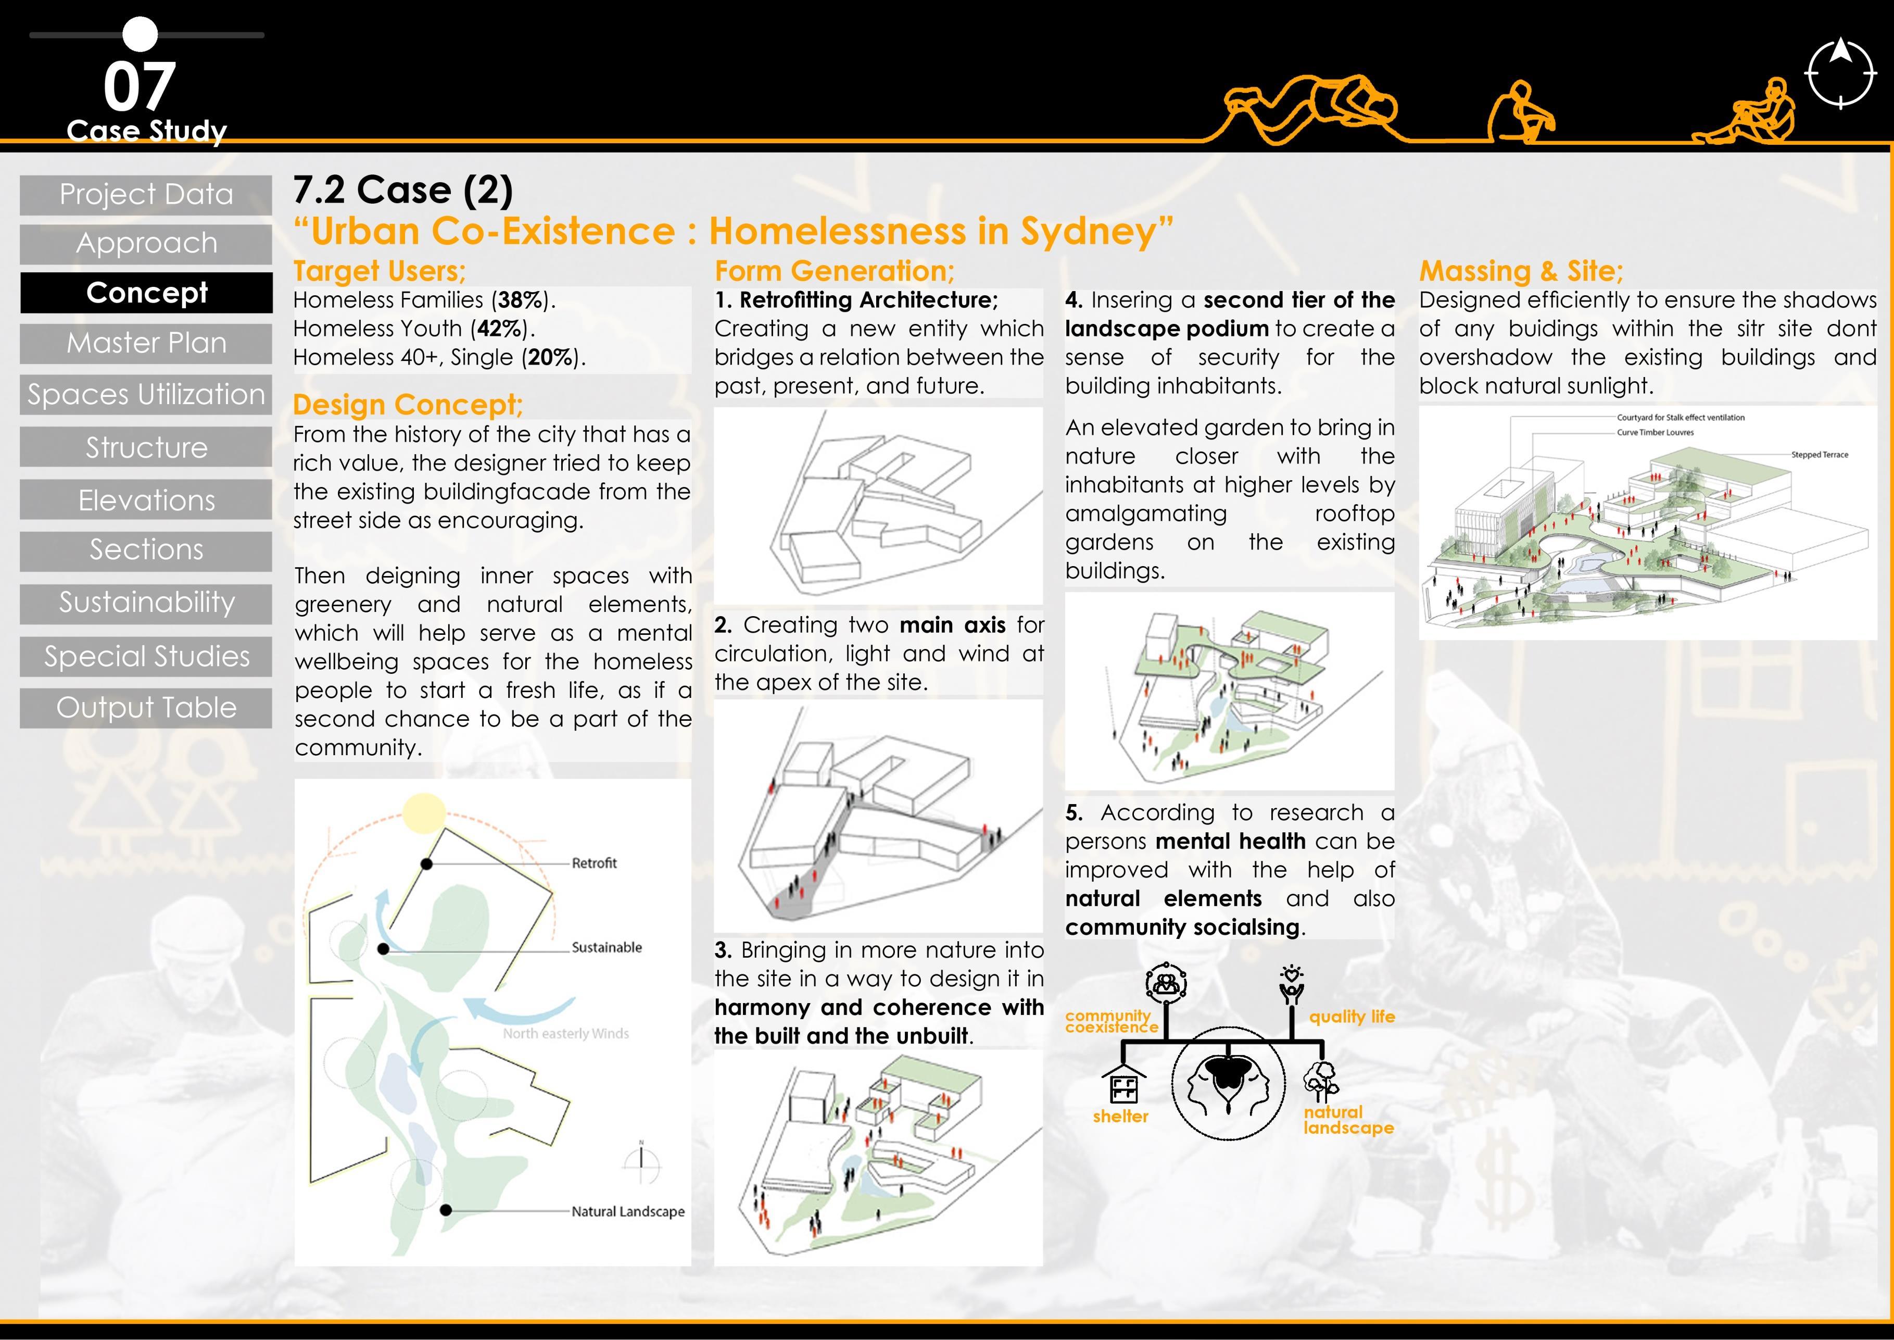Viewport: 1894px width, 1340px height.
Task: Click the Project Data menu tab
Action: (146, 195)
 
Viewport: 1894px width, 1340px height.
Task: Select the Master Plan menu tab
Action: (146, 343)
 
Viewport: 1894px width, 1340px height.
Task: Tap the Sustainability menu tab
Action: (146, 603)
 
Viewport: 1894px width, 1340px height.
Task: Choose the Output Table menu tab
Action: (146, 708)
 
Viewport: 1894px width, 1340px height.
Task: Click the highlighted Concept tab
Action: (146, 293)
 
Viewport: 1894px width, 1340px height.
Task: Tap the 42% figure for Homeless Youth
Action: (499, 329)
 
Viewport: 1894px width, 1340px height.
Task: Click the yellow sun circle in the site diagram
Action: (424, 813)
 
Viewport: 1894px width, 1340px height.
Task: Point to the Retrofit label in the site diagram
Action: (594, 863)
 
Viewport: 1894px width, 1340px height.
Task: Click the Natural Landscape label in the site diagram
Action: (628, 1211)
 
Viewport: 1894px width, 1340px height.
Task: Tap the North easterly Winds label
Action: (566, 1034)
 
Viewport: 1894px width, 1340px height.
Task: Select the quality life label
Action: (1351, 1017)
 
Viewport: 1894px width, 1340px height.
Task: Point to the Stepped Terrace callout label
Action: (1819, 455)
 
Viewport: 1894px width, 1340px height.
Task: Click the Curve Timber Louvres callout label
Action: (1655, 432)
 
